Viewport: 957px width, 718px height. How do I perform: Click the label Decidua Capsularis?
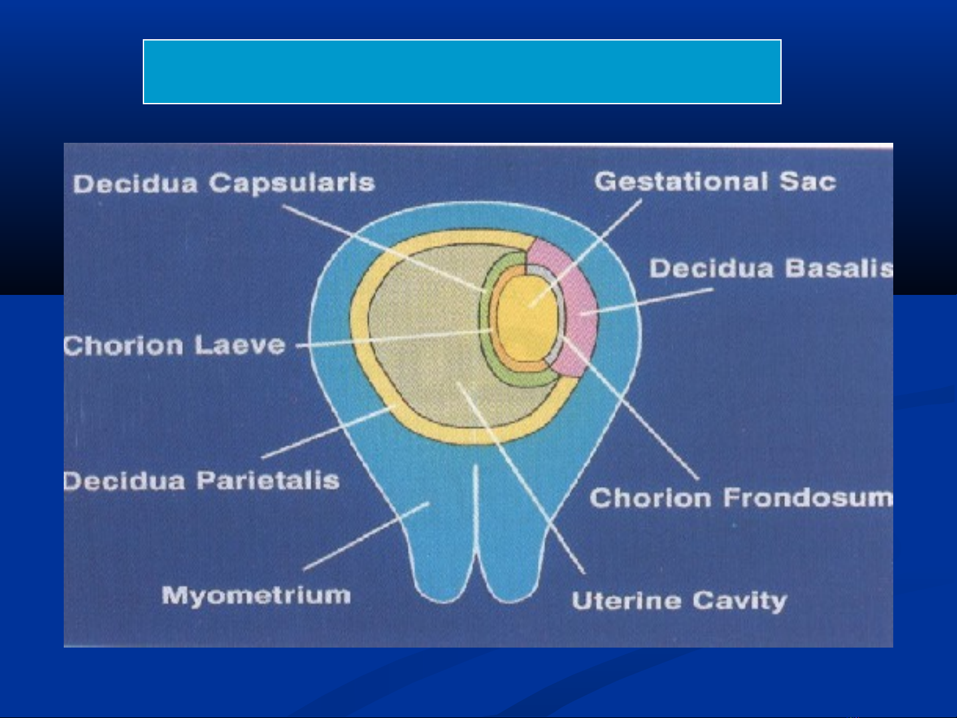224,183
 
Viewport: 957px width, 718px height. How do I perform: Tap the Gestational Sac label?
715,181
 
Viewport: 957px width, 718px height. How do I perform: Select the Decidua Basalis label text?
771,268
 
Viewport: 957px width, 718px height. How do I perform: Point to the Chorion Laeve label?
175,345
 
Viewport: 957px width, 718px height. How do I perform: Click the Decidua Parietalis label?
201,481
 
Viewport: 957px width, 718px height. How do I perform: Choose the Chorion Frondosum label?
741,497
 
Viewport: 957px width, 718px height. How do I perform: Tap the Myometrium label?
256,595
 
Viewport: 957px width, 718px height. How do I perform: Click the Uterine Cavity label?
679,600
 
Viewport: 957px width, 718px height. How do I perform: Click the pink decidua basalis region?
576,305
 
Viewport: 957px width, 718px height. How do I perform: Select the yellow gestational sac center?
527,318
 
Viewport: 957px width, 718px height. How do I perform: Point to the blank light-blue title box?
462,72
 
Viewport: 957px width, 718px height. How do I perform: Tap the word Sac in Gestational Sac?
808,181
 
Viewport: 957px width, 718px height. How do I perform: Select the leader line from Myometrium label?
366,536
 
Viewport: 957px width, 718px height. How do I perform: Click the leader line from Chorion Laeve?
394,338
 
